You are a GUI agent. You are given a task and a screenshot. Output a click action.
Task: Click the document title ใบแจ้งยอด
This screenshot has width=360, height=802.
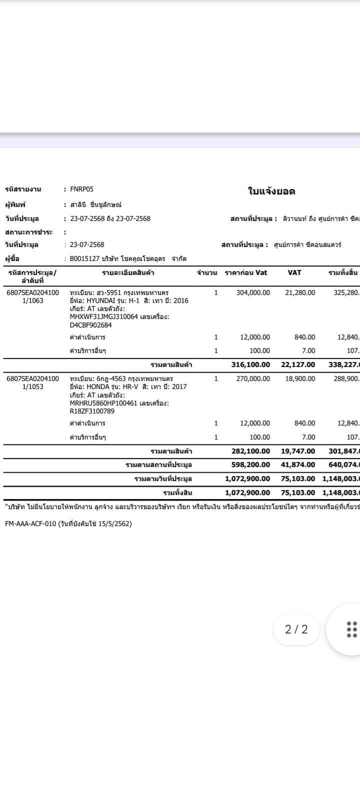(271, 191)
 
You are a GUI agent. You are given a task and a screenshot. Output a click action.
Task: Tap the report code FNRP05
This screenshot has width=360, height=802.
(81, 189)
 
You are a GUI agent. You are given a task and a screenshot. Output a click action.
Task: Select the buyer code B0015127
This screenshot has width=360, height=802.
(84, 258)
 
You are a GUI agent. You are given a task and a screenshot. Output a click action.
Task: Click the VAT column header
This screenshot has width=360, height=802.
(294, 272)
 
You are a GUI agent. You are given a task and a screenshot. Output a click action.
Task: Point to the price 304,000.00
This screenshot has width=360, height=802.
(253, 292)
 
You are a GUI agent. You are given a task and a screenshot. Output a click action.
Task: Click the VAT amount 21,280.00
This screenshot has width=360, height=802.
(300, 292)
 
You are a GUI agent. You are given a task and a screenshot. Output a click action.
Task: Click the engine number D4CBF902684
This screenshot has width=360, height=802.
(90, 325)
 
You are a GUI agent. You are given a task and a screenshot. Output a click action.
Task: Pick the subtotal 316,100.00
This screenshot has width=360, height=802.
(250, 364)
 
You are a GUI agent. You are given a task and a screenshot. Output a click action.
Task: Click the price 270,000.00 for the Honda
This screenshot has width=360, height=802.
(253, 378)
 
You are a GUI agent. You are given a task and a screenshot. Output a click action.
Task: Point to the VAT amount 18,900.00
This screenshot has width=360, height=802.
(300, 378)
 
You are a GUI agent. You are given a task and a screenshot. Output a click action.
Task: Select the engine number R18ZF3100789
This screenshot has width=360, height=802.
(92, 411)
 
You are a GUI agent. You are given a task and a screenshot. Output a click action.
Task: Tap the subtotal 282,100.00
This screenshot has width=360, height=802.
(250, 451)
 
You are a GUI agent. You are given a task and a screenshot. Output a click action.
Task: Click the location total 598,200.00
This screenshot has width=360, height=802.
(250, 464)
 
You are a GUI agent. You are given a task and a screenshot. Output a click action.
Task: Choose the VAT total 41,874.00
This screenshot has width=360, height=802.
(298, 464)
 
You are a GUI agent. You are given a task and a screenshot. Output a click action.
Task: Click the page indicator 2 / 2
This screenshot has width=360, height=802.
(296, 629)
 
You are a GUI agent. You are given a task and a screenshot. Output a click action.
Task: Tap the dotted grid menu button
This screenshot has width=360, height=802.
(351, 629)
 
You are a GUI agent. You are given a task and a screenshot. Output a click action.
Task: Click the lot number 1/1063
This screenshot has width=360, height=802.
(32, 300)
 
